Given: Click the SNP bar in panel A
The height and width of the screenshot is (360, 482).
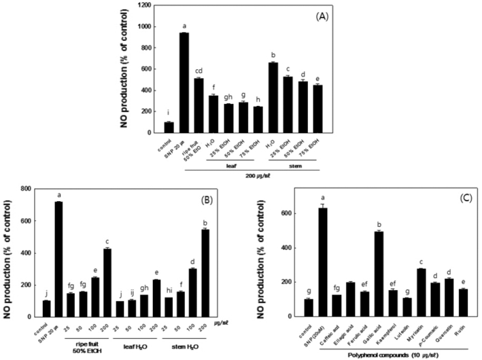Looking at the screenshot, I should point(184,82).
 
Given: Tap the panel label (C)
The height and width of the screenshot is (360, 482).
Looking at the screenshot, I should point(458,202).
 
